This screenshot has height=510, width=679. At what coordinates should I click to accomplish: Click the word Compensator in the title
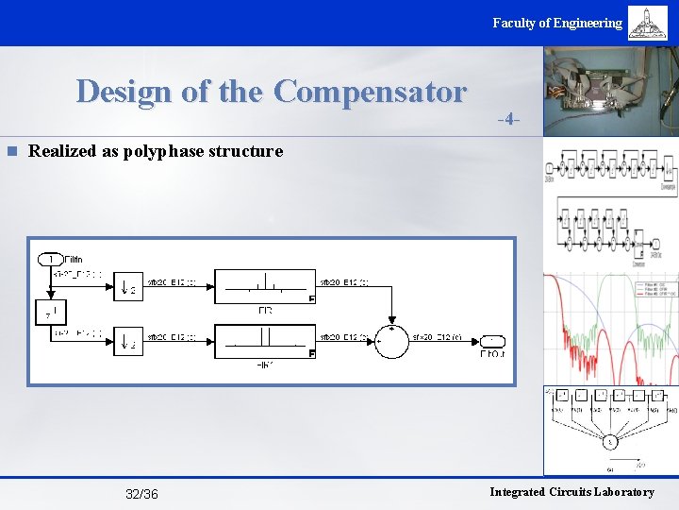pyautogui.click(x=370, y=92)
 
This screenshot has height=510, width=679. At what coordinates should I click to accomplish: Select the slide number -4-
pyautogui.click(x=509, y=120)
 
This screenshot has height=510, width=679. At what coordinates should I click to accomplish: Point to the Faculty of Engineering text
pyautogui.click(x=556, y=23)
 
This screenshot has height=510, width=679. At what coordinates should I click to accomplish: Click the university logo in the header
pyautogui.click(x=648, y=23)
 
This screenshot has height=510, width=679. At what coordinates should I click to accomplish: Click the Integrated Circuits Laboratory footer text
pyautogui.click(x=571, y=492)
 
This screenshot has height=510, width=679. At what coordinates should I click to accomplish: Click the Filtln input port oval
pyautogui.click(x=49, y=259)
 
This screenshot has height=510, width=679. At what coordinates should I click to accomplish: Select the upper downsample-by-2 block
pyautogui.click(x=128, y=286)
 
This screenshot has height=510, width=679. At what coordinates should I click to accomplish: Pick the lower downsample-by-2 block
pyautogui.click(x=128, y=340)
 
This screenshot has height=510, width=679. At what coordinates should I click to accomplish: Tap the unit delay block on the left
pyautogui.click(x=49, y=312)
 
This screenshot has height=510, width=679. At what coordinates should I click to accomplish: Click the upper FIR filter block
pyautogui.click(x=265, y=285)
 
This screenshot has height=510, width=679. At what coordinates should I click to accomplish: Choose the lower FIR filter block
pyautogui.click(x=265, y=340)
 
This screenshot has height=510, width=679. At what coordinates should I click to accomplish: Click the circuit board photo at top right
pyautogui.click(x=611, y=93)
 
